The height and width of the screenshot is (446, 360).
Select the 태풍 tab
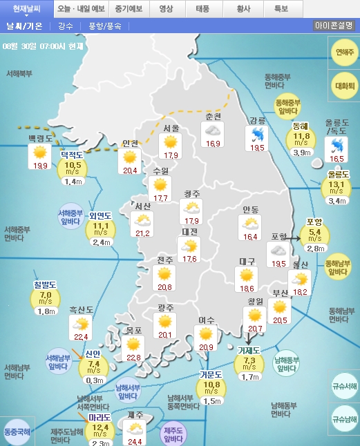[x=203, y=9]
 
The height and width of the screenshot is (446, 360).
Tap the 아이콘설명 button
[x=334, y=26]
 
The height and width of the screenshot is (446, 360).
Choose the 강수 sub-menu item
[x=66, y=26]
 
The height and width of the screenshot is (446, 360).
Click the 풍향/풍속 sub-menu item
[x=105, y=26]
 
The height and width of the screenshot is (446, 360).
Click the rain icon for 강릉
[x=258, y=134]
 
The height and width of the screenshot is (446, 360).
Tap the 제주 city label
[x=135, y=415]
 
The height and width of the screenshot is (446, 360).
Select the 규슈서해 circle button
[x=344, y=387]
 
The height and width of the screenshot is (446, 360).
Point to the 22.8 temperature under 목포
[x=133, y=357]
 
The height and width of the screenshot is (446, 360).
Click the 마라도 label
[x=100, y=417]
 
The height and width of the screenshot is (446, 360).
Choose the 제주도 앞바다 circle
[x=176, y=434]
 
